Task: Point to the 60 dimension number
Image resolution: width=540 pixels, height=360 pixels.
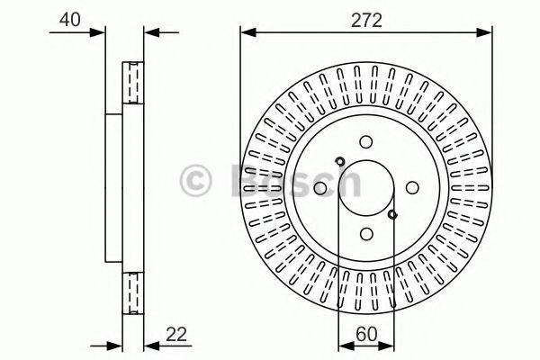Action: (365, 332)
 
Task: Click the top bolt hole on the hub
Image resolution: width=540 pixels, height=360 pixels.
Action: (365, 142)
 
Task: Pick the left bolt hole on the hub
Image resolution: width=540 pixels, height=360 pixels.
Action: (320, 187)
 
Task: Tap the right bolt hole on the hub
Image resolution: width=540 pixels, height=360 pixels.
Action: (411, 187)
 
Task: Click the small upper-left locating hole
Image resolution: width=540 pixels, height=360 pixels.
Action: (339, 162)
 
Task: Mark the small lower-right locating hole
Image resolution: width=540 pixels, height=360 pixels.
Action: (392, 213)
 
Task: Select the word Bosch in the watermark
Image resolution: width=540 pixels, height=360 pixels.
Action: (292, 180)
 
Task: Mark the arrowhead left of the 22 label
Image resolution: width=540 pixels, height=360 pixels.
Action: (149, 345)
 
